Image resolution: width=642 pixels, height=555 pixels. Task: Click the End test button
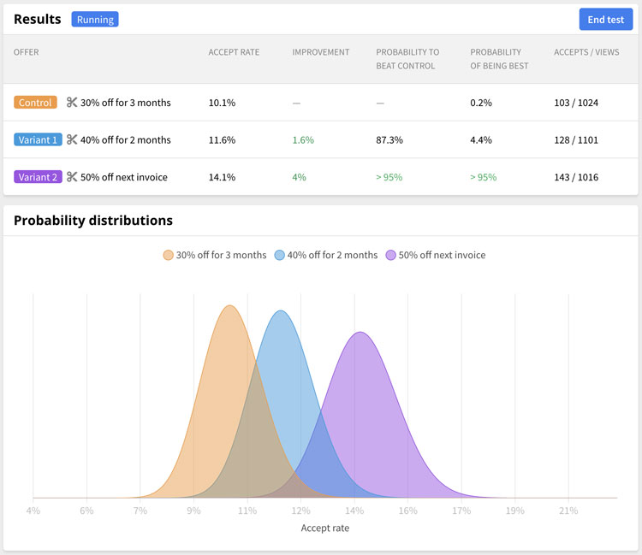pos(605,20)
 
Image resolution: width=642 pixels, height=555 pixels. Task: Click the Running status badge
pos(95,19)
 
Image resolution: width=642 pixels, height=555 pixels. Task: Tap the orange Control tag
pos(35,103)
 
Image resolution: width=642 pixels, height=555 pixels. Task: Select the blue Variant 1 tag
pos(38,139)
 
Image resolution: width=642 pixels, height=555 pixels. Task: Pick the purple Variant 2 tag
pos(38,177)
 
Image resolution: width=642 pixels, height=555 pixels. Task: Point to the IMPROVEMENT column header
pos(321,52)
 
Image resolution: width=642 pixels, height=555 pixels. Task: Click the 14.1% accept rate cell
pos(222,177)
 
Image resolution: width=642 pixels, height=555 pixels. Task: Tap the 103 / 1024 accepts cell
pos(576,103)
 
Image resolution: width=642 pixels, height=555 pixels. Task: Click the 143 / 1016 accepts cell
pos(576,177)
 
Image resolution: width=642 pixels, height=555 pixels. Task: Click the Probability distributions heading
pos(93,221)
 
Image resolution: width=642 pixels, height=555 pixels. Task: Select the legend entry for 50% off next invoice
pos(436,255)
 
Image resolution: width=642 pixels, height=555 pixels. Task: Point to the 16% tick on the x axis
pos(407,511)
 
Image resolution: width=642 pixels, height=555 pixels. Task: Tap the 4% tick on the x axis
pos(33,511)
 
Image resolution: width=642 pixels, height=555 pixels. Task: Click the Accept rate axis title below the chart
pos(325,528)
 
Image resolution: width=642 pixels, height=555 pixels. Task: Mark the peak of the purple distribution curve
pos(360,332)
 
